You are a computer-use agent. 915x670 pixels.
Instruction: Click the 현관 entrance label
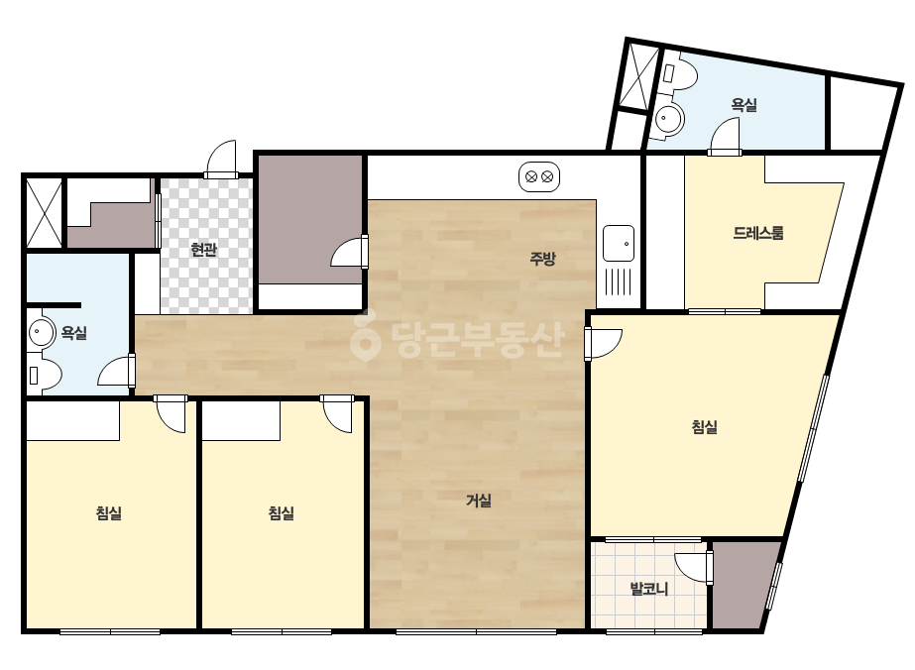coord(203,250)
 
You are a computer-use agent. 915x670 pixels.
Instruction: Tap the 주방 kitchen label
coord(542,258)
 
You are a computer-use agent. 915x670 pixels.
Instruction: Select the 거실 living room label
coord(479,501)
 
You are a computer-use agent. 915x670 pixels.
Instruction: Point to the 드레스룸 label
coord(758,233)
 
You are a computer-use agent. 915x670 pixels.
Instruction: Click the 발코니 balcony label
coord(649,589)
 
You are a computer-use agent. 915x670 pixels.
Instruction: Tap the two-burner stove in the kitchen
coord(539,176)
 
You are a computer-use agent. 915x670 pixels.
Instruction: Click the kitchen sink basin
coord(619,243)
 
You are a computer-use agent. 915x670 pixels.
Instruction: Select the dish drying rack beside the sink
coord(619,281)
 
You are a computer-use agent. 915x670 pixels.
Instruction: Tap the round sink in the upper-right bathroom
coord(667,119)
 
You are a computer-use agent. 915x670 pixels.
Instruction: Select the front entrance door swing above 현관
coord(222,158)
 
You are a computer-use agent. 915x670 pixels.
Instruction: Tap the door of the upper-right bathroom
coord(725,137)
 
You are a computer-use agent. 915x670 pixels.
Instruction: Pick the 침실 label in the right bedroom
coord(704,426)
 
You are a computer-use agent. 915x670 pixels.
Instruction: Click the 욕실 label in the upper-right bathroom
coord(744,104)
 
